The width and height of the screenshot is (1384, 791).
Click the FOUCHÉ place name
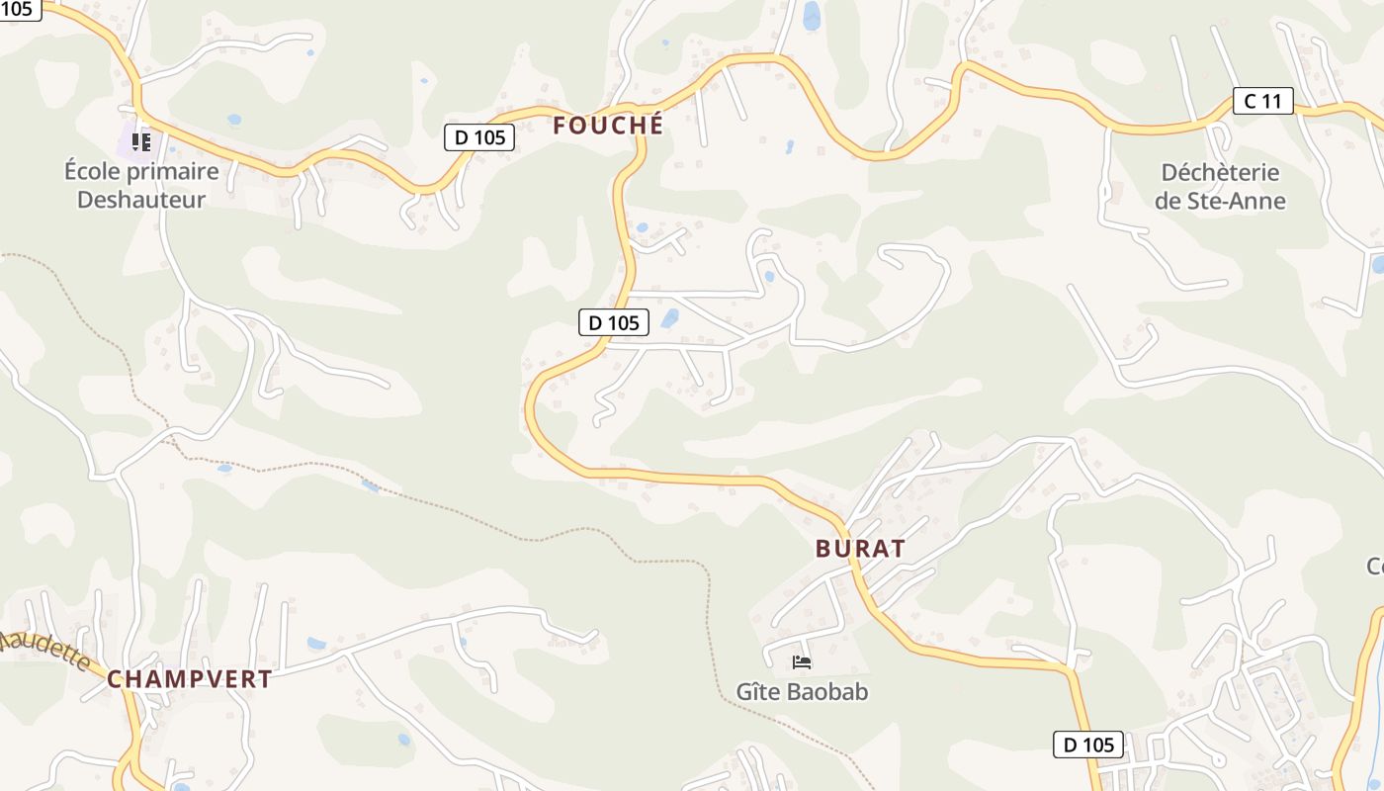pyautogui.click(x=608, y=126)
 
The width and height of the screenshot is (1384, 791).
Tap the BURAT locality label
pyautogui.click(x=860, y=549)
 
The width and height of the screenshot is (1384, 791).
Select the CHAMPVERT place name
pyautogui.click(x=189, y=679)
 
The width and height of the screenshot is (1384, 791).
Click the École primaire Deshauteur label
pyautogui.click(x=141, y=185)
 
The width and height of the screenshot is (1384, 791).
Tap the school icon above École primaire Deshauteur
pyautogui.click(x=141, y=142)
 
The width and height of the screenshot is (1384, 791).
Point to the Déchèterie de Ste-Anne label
pyautogui.click(x=1220, y=187)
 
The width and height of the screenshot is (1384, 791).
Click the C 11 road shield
pyautogui.click(x=1262, y=100)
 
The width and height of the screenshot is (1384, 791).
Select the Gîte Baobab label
pyautogui.click(x=802, y=691)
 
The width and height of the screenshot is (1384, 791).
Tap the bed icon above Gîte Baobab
pyautogui.click(x=802, y=661)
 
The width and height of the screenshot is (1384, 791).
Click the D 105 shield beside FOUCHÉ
pyautogui.click(x=480, y=137)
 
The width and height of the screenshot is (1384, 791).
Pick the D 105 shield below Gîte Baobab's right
pyautogui.click(x=1088, y=745)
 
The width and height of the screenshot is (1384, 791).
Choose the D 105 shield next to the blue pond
pyautogui.click(x=614, y=322)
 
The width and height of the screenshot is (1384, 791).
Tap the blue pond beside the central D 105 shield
pyautogui.click(x=670, y=318)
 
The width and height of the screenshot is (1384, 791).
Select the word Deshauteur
pyautogui.click(x=141, y=199)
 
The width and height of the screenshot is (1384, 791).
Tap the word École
pyautogui.click(x=96, y=171)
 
